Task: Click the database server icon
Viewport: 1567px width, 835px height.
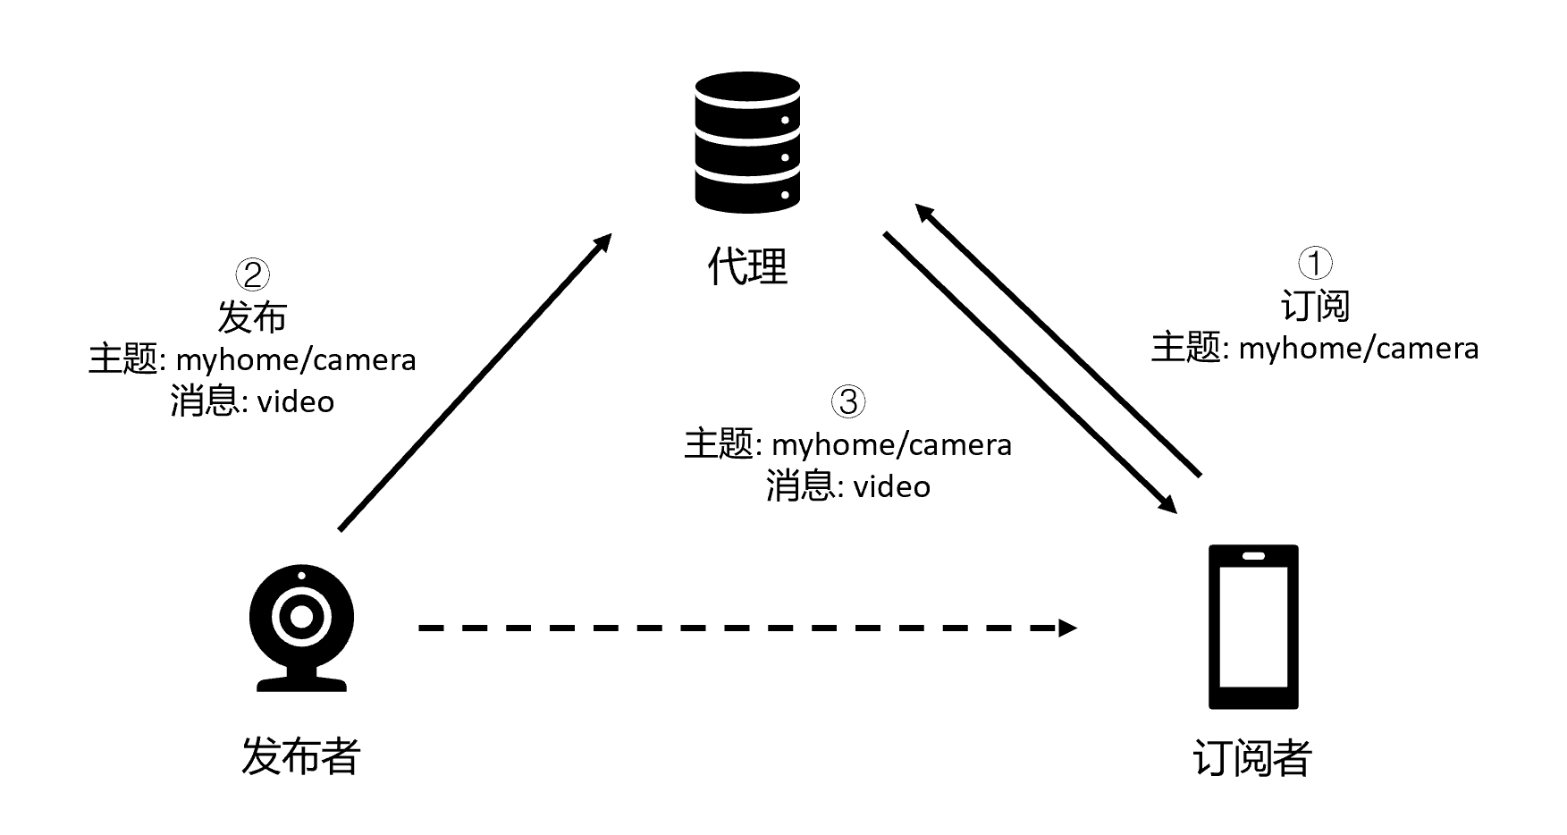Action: (747, 142)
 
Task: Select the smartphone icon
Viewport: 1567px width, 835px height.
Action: (1253, 626)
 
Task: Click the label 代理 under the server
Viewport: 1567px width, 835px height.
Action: (747, 266)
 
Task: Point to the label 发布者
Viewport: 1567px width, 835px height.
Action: (300, 756)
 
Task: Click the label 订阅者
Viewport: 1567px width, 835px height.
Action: (1252, 758)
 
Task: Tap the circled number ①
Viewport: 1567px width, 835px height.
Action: (1315, 263)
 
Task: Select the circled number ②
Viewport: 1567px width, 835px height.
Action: (252, 274)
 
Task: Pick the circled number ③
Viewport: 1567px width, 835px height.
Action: (848, 401)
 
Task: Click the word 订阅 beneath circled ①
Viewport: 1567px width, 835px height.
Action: (1315, 306)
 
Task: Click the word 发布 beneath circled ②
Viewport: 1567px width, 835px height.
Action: (252, 317)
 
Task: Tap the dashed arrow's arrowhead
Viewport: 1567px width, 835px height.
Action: (1067, 628)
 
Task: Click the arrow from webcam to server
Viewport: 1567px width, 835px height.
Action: (474, 383)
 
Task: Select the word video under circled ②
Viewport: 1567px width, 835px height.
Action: (296, 402)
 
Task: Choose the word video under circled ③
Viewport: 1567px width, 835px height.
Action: (891, 487)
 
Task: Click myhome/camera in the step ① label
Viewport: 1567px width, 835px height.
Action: (1358, 349)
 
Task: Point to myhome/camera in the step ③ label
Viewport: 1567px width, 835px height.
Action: (891, 444)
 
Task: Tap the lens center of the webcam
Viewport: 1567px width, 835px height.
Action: (301, 617)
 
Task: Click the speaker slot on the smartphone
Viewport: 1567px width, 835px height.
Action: (1253, 555)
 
